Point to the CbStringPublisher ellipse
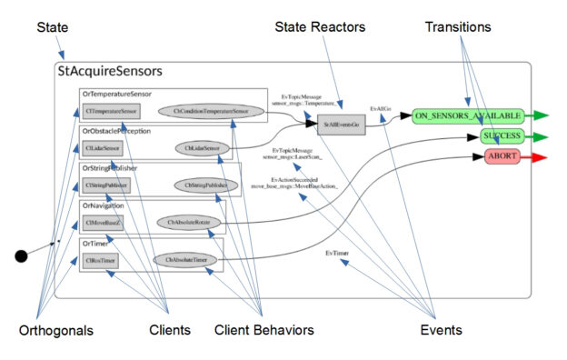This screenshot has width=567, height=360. (204, 185)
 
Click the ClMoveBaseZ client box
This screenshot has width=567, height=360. (102, 222)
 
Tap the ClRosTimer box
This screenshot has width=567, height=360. (101, 260)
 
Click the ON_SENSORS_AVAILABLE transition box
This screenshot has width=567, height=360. (466, 116)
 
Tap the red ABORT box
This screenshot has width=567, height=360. (501, 157)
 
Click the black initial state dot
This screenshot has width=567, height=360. (22, 256)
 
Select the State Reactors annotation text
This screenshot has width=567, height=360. (320, 27)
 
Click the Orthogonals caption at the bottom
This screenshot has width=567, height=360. (55, 330)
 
